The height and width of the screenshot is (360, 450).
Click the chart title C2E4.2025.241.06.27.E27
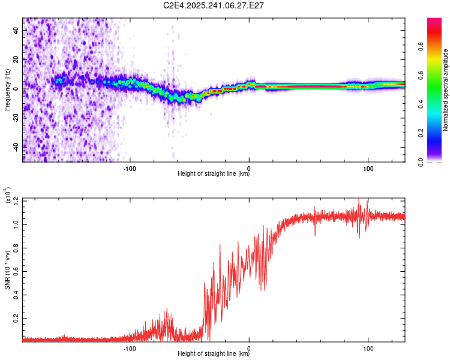pos(214,5)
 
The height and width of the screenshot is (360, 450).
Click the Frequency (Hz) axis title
pos(7,90)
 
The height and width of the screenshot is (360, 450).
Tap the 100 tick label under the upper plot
pos(368,168)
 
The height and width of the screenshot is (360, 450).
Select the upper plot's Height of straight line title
pos(214,175)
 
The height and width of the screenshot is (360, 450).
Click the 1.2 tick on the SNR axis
pos(16,200)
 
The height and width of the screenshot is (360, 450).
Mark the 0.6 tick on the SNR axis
pos(16,271)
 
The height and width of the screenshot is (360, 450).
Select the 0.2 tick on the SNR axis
pos(16,319)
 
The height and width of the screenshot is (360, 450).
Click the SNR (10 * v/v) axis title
pos(7,269)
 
